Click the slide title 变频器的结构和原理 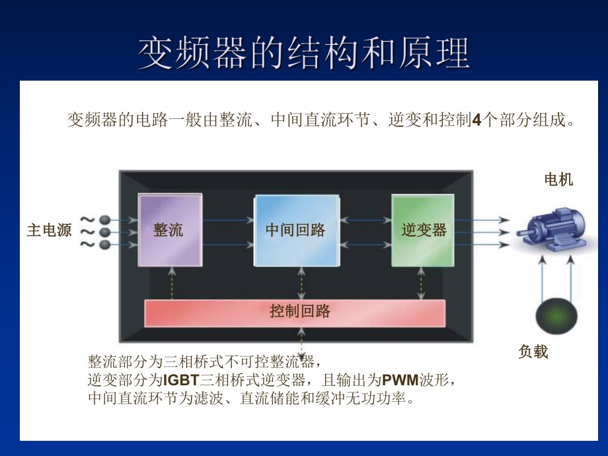[303, 53]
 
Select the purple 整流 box [171, 231]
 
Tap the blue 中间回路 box [297, 231]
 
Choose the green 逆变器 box [423, 231]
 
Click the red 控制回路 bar [295, 313]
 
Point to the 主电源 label [50, 230]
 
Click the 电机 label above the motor [558, 180]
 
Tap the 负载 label [533, 352]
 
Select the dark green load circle [556, 316]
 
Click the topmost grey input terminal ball [104, 220]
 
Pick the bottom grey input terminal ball [104, 245]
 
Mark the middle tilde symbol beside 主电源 [87, 232]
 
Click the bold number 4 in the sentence [477, 120]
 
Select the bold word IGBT [181, 380]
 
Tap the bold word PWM [400, 380]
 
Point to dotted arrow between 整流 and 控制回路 [172, 284]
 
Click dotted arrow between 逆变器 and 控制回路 [421, 284]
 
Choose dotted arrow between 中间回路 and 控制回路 [301, 284]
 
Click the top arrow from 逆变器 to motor [482, 220]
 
